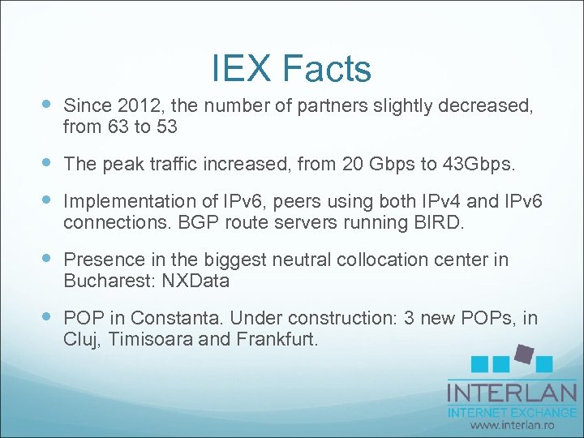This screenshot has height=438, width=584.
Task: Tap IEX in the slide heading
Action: coord(240,69)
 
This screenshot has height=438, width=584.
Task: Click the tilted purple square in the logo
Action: coord(523,354)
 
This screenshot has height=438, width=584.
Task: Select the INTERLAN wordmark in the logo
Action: coord(511,393)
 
